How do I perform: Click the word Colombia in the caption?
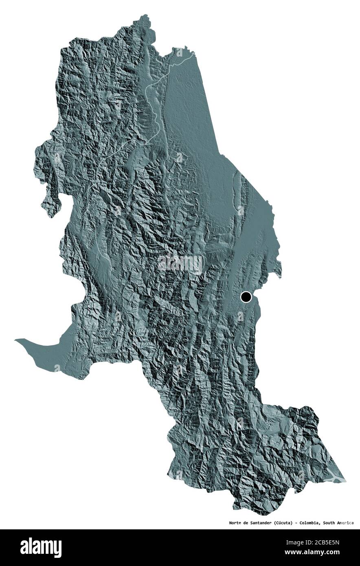click(x=309, y=523)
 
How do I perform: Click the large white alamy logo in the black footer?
click(x=41, y=548)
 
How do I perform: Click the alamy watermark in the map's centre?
click(x=180, y=264)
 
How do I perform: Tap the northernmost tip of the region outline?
click(x=145, y=15)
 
